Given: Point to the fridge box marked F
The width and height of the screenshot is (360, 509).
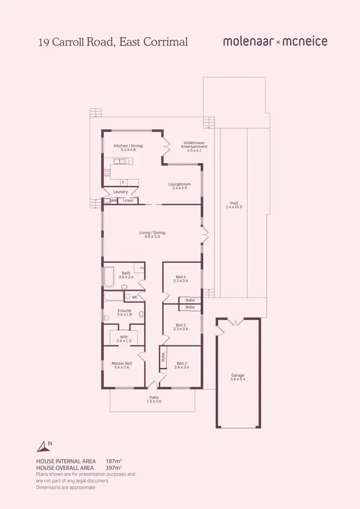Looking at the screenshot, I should point(123,182).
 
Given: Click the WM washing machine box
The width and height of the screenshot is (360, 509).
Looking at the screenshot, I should point(114,200).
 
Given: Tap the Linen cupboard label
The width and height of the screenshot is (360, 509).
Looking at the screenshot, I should point(128,200).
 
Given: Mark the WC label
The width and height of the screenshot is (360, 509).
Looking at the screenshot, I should point(135,297).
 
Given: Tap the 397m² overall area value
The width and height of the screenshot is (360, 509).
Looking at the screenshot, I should point(113,467).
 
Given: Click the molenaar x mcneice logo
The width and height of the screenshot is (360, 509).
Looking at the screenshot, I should point(275,42).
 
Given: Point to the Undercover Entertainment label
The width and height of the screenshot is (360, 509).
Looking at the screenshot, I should point(194,145).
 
